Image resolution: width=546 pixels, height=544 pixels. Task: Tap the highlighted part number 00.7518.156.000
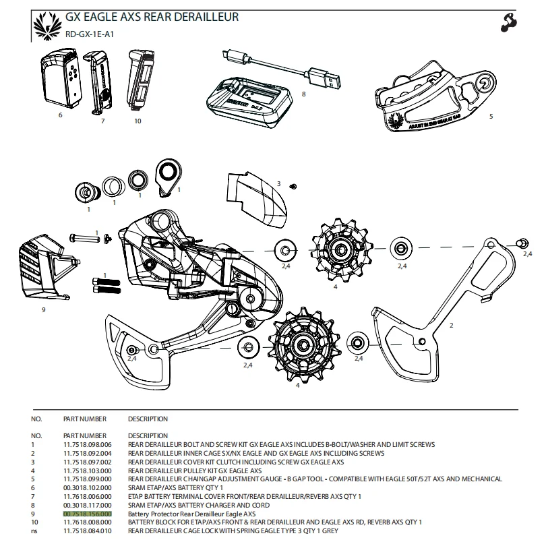click(x=87, y=513)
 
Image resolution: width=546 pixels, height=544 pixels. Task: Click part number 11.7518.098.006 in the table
click(x=87, y=445)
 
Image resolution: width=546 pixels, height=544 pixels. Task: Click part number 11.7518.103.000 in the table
click(x=87, y=471)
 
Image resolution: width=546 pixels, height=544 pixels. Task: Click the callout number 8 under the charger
click(x=303, y=94)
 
